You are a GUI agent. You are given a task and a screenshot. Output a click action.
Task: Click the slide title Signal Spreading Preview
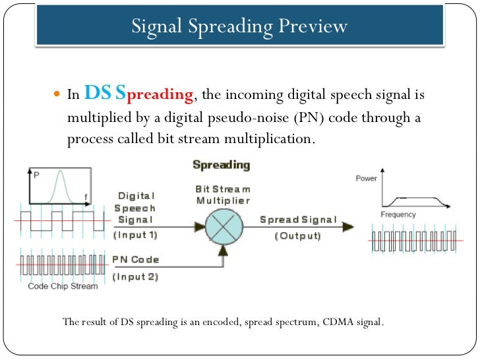239,26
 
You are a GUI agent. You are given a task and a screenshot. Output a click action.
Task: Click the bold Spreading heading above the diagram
222,164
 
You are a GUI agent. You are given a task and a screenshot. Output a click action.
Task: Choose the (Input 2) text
135,276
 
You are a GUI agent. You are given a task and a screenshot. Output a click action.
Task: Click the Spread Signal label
298,220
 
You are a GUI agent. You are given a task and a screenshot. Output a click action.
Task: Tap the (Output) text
298,235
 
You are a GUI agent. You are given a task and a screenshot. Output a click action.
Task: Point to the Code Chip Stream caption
63,286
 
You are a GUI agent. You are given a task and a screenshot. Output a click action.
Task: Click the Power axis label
367,178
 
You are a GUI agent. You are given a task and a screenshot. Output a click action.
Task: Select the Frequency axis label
398,214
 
